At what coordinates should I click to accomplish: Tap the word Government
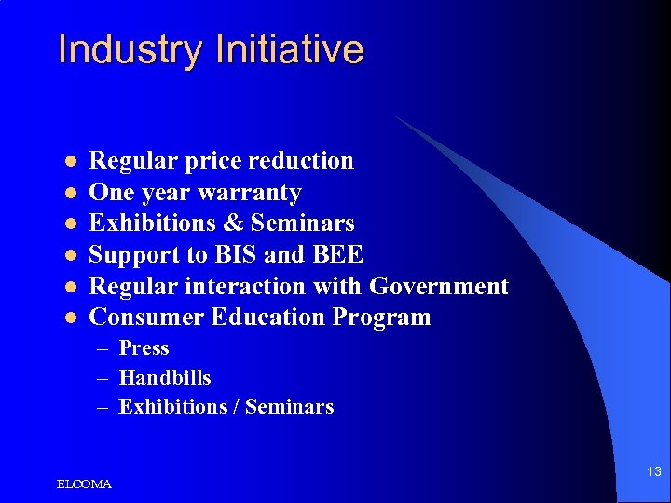439,286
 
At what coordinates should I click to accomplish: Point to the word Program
383,318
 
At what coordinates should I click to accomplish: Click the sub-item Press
144,348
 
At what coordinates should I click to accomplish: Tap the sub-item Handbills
165,378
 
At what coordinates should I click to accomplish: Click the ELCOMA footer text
84,484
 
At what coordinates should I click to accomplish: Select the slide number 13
653,472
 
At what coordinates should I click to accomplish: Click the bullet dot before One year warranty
68,194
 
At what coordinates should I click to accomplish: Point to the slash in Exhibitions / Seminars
235,407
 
